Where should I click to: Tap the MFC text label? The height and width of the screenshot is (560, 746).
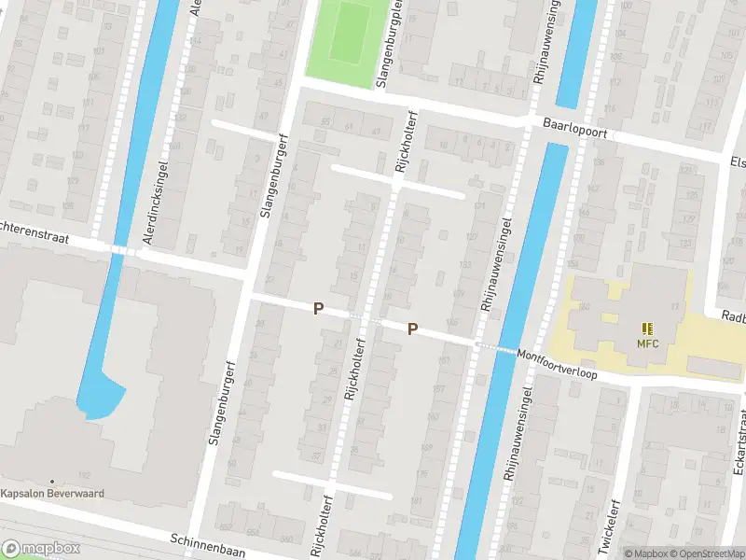(x=647, y=343)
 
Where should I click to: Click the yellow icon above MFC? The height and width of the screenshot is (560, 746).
(x=647, y=328)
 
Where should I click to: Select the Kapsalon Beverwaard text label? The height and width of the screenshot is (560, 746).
(x=52, y=494)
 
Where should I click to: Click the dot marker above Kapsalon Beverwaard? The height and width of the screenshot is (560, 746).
(x=52, y=481)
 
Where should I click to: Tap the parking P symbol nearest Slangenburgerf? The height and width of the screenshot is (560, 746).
(x=318, y=308)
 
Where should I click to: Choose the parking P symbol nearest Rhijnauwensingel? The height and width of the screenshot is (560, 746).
(x=412, y=329)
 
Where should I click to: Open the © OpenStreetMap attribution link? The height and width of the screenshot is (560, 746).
(x=709, y=553)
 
